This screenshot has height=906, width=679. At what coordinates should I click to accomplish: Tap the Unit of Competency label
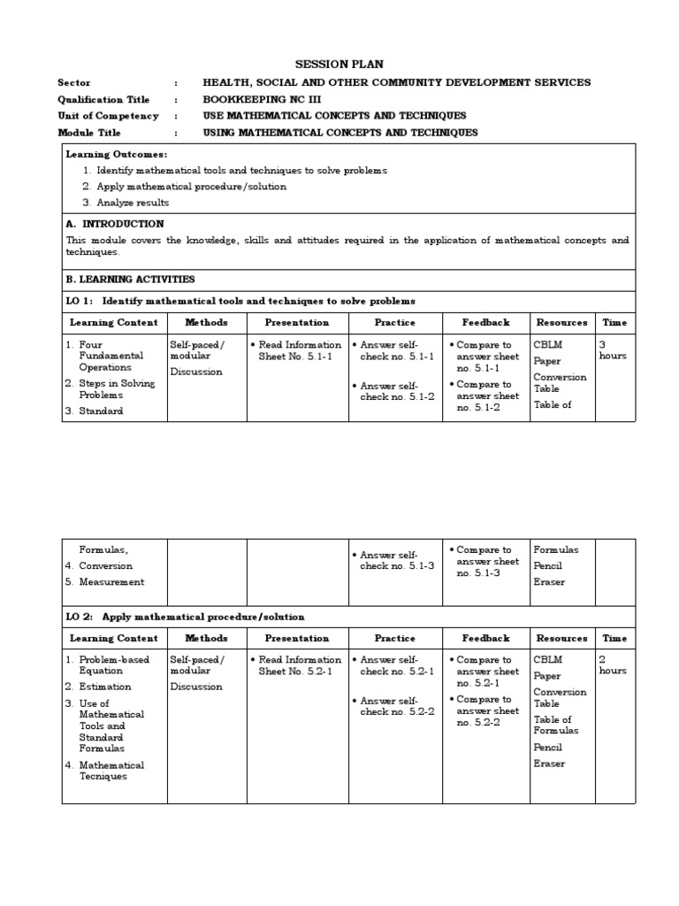[108, 116]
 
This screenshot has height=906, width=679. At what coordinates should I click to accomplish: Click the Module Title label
[95, 133]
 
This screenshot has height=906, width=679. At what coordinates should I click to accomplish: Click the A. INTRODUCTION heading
[116, 224]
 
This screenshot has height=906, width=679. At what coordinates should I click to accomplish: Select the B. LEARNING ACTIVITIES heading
[131, 279]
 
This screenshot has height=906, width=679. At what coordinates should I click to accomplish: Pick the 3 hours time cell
[613, 350]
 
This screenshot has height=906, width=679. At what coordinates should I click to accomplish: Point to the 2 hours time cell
[613, 665]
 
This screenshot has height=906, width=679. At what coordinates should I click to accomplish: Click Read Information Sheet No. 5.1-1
[299, 350]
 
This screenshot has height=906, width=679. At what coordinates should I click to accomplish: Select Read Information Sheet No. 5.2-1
[299, 665]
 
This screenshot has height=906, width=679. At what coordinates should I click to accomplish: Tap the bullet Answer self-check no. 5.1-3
[396, 561]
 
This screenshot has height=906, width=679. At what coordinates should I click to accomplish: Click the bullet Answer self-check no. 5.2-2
[396, 706]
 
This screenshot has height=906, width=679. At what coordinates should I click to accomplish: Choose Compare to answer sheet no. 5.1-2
[487, 395]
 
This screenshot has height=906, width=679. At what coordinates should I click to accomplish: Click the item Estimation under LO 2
[104, 687]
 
